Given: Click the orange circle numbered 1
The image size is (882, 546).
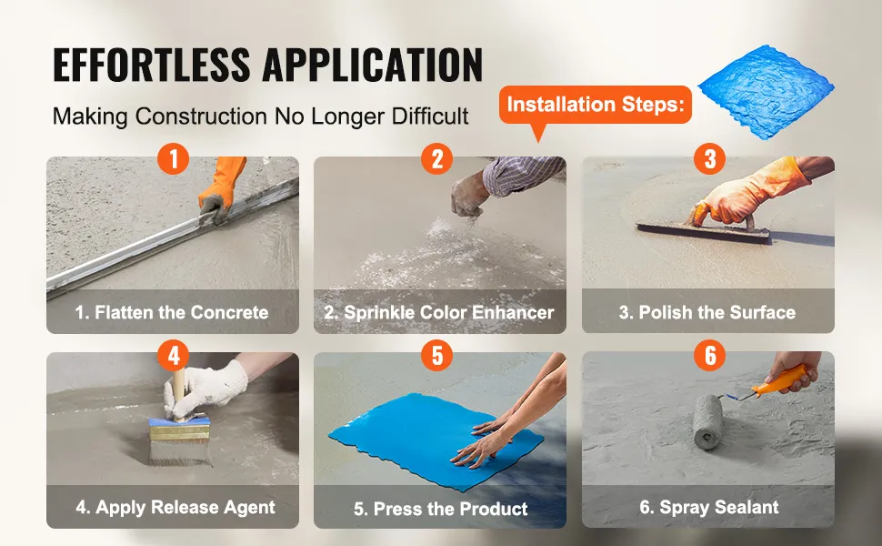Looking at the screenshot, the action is point(174,158).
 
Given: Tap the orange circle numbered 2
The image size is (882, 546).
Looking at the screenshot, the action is point(437,158).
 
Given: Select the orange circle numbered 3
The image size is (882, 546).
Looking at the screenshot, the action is point(710,158).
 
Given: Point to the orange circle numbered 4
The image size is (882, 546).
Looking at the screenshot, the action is point(174,355).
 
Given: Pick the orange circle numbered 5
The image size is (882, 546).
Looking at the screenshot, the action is point(437,355).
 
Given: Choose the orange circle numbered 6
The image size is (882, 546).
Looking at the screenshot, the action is point(710,355).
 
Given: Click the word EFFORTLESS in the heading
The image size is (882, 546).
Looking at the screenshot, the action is point(151,65).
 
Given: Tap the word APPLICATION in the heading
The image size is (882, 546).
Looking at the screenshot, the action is point(373,65).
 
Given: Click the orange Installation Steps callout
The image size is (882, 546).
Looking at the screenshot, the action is point(596,106).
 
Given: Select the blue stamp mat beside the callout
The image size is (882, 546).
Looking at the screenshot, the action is point(767,92).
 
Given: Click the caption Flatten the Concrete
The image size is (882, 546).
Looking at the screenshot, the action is point(172,312).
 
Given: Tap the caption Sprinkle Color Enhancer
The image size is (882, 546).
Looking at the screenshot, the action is point(439,312).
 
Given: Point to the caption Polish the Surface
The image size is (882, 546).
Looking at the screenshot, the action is point(707,312).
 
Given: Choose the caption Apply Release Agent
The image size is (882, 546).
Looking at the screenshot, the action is point(175,507).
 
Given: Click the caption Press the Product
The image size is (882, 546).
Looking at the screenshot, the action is point(440,509).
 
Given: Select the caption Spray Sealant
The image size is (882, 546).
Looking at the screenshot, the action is point(708,507).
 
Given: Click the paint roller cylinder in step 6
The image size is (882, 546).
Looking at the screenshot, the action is point(707,421).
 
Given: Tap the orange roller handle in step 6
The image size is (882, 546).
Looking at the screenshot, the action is point(779,381).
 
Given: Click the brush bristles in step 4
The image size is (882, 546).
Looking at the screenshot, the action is point(180,451).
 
